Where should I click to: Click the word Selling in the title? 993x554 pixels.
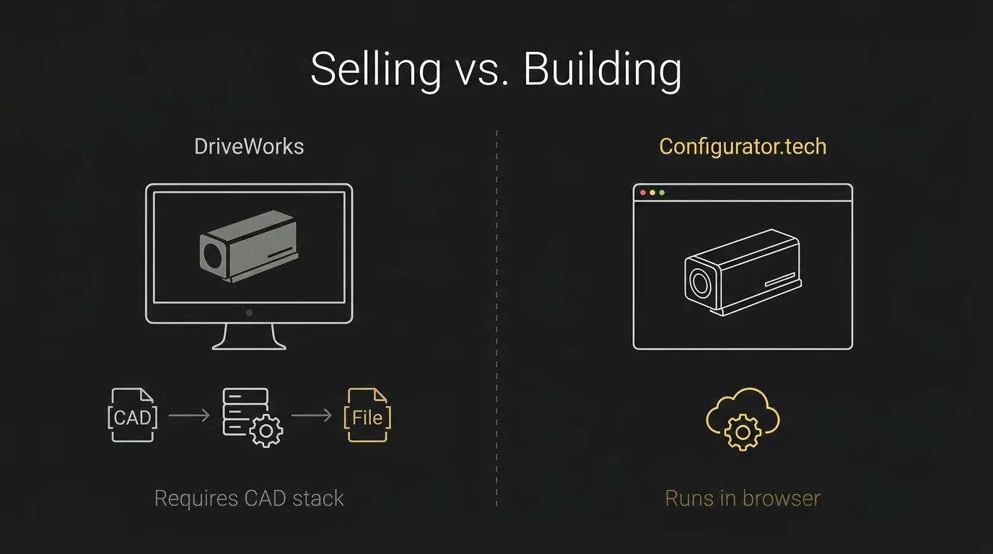(375, 70)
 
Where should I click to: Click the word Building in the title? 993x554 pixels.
(602, 70)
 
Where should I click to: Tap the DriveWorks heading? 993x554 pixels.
(249, 146)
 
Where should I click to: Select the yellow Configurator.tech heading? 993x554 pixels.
(743, 146)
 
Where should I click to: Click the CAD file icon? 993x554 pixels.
(133, 415)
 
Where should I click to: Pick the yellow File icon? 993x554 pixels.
(367, 415)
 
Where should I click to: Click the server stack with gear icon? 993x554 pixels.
(250, 417)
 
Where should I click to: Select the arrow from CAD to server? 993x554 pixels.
(189, 415)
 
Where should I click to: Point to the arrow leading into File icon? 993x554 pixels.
(311, 415)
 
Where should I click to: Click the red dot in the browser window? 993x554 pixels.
(643, 193)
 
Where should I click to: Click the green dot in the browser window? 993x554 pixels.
(662, 193)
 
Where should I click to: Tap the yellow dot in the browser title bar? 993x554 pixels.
(652, 193)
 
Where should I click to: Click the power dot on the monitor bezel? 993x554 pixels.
(249, 313)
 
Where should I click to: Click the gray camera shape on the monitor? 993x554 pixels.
(248, 246)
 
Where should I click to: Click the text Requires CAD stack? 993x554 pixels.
(249, 498)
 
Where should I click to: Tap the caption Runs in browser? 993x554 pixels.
(743, 498)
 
